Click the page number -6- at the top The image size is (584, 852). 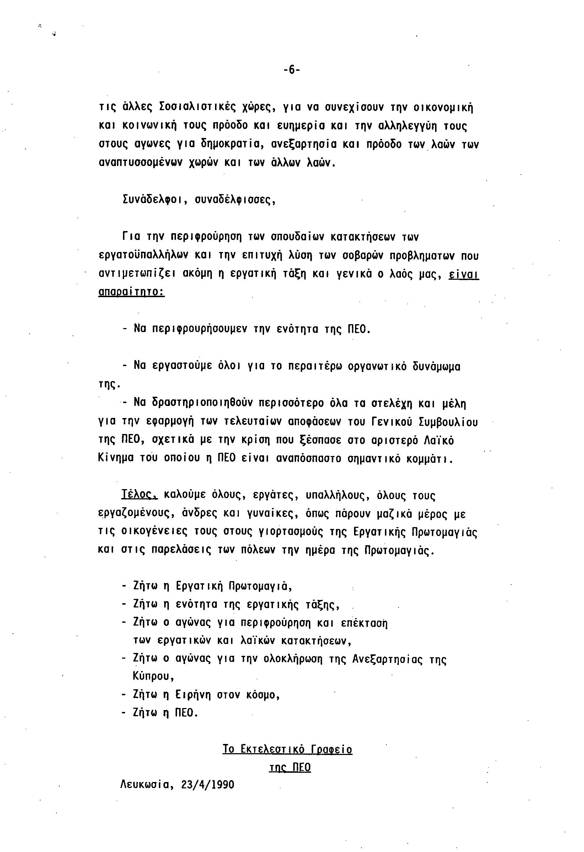coord(291,70)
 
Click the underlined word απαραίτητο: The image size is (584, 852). coord(132,292)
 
